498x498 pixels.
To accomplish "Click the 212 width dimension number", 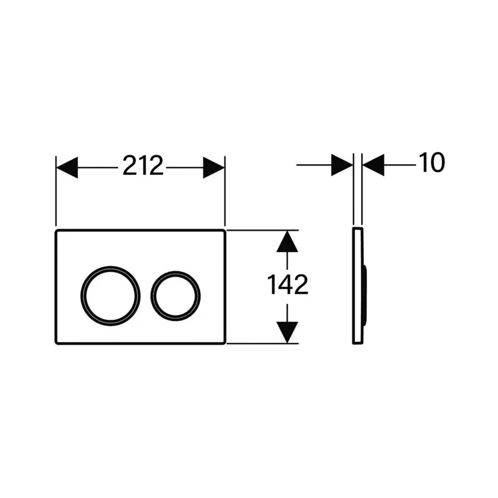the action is click(x=143, y=165).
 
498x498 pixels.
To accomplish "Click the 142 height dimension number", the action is click(x=288, y=284).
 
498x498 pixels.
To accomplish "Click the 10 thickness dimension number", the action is click(x=432, y=163).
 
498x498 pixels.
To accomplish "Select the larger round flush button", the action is click(x=110, y=296).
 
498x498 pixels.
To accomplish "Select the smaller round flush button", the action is click(x=176, y=296).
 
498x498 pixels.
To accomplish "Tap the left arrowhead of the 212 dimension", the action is click(x=67, y=167).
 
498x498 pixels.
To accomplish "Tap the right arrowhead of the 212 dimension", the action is click(x=214, y=167).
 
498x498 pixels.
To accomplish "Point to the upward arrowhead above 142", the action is click(x=287, y=241).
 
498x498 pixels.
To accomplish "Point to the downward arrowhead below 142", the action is click(x=287, y=332).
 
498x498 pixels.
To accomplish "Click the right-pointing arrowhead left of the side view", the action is click(x=342, y=165).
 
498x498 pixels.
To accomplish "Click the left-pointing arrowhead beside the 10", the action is click(x=373, y=165).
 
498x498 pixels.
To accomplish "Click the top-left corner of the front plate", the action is click(x=56, y=230).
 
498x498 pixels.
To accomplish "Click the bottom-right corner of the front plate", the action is click(x=225, y=344).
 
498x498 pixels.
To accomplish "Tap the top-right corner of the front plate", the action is click(x=225, y=230).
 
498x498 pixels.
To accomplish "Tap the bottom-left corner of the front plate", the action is click(x=56, y=344).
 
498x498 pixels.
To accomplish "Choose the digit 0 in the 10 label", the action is click(x=438, y=163).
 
